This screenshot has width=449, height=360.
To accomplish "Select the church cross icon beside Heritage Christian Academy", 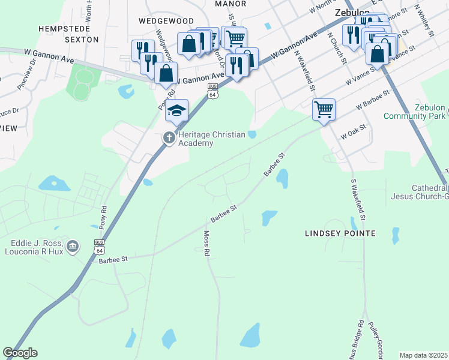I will (x=169, y=138).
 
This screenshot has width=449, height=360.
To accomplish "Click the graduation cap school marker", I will (x=176, y=110).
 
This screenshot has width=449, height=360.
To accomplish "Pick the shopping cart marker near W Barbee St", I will (x=324, y=110).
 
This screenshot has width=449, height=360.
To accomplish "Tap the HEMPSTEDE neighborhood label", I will (x=64, y=28).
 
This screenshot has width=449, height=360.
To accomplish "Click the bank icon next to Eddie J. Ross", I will (x=73, y=247).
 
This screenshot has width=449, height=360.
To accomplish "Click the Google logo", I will (x=20, y=353).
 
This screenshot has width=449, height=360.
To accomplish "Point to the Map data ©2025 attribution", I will (x=423, y=355).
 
